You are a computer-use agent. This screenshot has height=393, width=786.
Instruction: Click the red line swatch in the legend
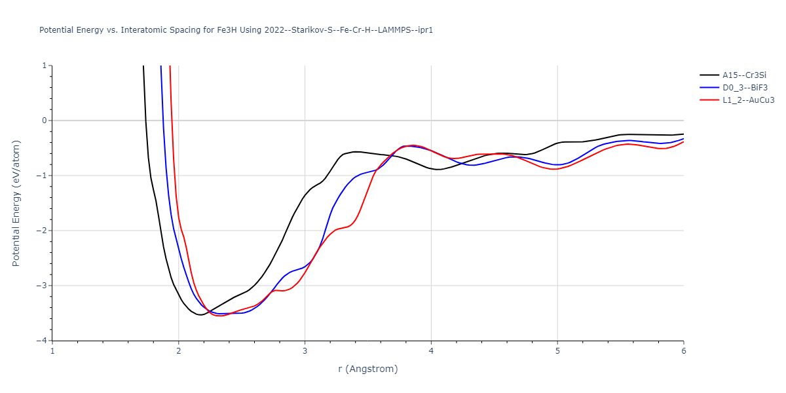tap(709, 100)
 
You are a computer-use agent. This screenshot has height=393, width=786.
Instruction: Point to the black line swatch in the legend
tap(709, 75)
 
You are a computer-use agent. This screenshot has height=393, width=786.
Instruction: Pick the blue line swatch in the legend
tap(709, 88)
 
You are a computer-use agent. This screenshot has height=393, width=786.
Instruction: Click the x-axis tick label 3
tap(305, 350)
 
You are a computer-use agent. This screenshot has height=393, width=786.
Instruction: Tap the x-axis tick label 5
tap(557, 350)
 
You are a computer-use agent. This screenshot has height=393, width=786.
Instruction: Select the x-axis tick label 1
tap(52, 350)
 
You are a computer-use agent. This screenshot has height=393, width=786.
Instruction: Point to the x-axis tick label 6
tap(683, 350)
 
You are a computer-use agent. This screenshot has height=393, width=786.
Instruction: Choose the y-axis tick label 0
tap(44, 121)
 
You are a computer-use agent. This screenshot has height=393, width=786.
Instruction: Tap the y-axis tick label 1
tap(44, 65)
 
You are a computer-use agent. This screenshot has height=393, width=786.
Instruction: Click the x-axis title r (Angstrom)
tap(367, 369)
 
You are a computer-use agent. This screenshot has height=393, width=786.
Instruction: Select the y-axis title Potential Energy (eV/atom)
tap(16, 203)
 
